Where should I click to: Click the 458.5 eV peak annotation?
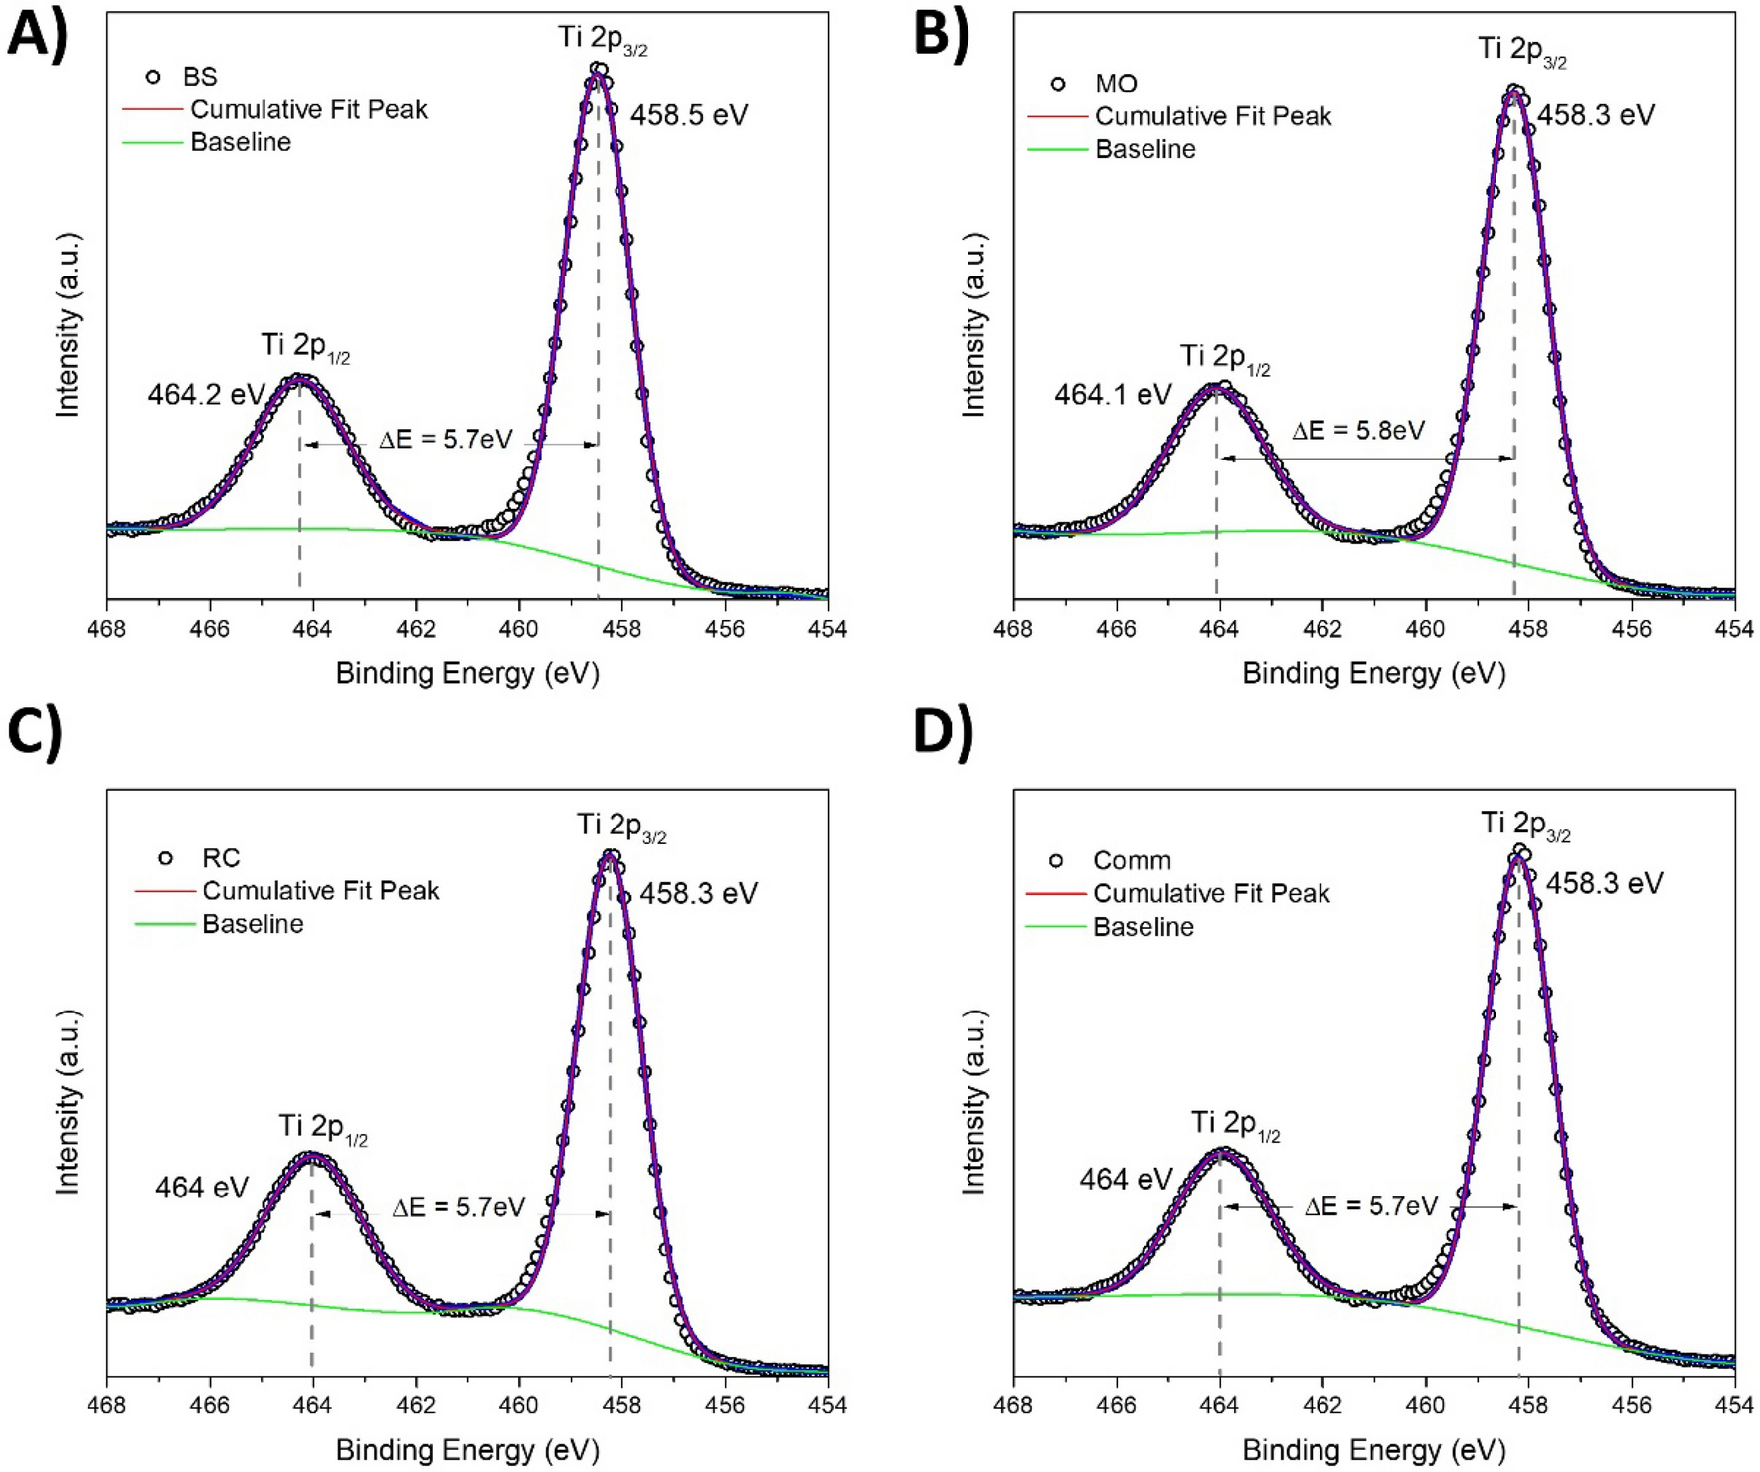click(x=688, y=115)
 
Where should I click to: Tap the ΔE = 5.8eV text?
click(x=1357, y=431)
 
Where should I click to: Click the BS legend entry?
click(x=199, y=77)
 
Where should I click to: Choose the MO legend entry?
click(x=1115, y=84)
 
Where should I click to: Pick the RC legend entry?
click(x=220, y=858)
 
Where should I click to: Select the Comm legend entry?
click(x=1132, y=860)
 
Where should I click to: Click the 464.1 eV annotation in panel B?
click(x=1113, y=395)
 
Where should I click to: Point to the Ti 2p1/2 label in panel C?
click(x=322, y=1128)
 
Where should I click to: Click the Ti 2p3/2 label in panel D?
click(x=1524, y=825)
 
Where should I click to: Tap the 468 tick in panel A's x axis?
click(x=107, y=629)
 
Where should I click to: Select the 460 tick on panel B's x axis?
click(x=1426, y=629)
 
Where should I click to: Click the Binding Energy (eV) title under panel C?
click(x=467, y=1450)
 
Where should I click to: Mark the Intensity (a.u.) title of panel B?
click(x=975, y=324)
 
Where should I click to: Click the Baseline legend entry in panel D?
click(x=1143, y=927)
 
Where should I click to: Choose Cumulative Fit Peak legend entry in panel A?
click(x=308, y=109)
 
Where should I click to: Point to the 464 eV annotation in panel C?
click(x=201, y=1188)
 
